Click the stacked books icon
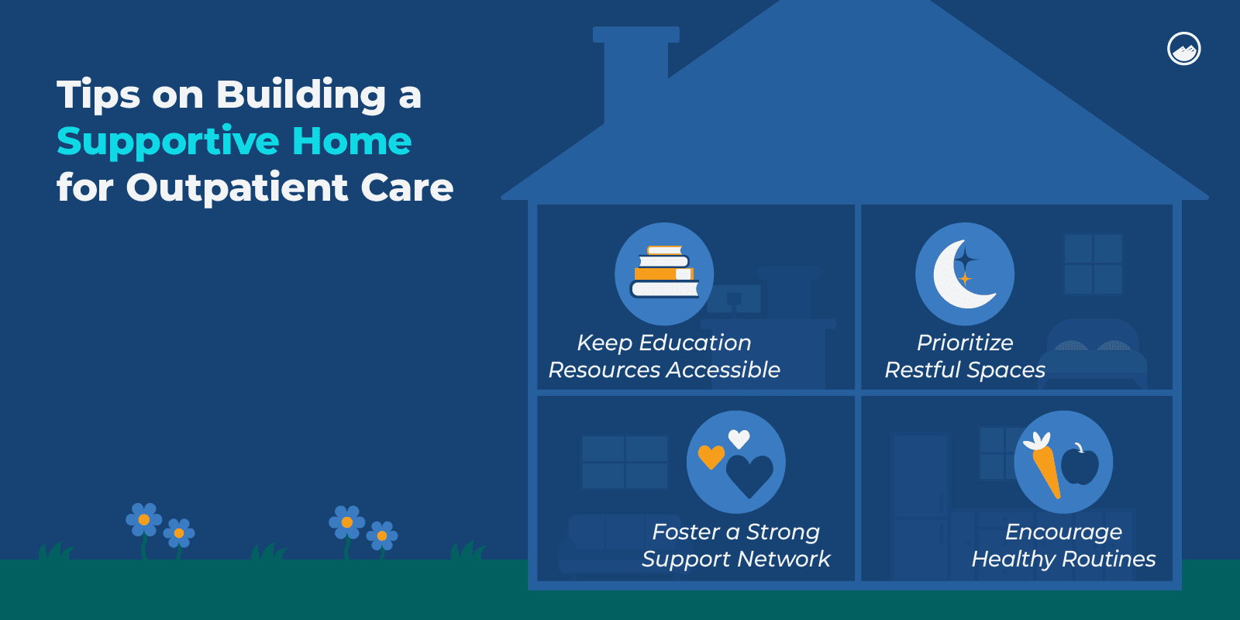664,273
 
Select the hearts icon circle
736,462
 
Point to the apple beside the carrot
1080,466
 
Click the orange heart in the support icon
711,456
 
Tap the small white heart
739,439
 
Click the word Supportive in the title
168,142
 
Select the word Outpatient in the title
237,188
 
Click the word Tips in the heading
98,95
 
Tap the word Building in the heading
301,95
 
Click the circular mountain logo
1183,49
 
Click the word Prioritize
965,343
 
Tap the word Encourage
1063,532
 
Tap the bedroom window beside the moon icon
1093,263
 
